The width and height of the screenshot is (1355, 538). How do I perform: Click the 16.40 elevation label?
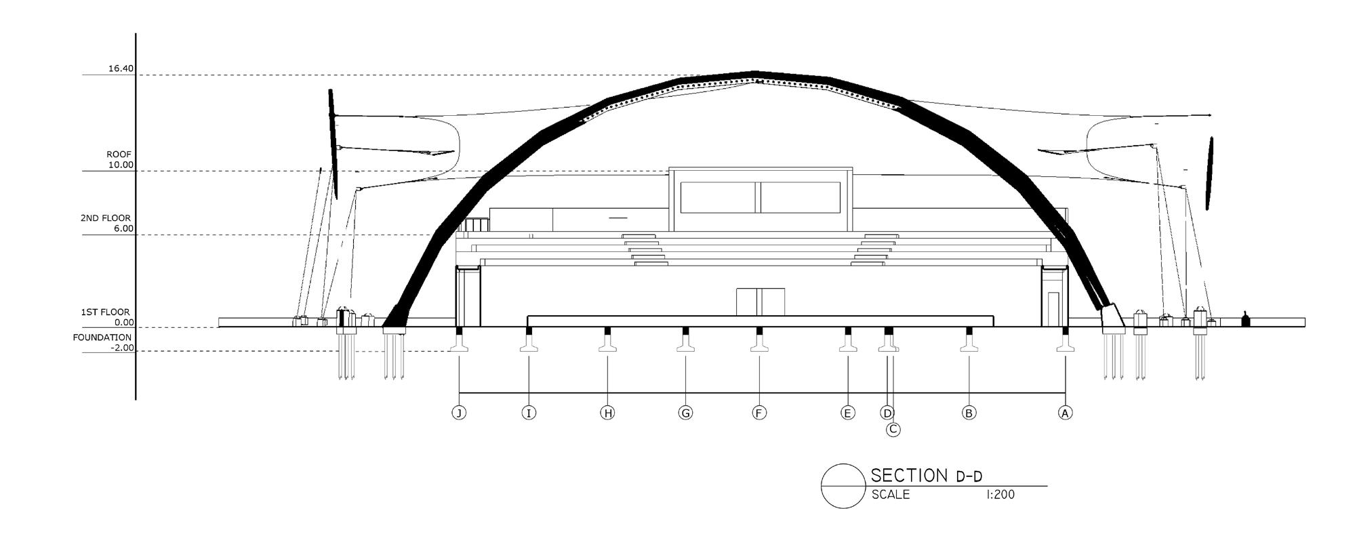121,68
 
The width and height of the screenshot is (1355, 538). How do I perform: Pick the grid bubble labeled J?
459,413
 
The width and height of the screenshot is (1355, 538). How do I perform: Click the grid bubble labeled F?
759,413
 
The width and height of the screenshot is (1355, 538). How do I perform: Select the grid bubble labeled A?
1065,413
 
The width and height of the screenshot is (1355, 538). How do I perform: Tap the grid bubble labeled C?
893,429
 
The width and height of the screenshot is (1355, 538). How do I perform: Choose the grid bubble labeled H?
607,413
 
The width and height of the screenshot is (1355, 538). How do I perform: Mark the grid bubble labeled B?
969,413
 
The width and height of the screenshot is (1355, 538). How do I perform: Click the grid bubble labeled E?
847,413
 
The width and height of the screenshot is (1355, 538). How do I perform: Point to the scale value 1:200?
1000,495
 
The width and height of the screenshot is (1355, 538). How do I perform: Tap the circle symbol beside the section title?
843,486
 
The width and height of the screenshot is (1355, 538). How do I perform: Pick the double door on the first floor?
760,302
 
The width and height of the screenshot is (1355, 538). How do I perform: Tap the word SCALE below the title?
891,495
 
